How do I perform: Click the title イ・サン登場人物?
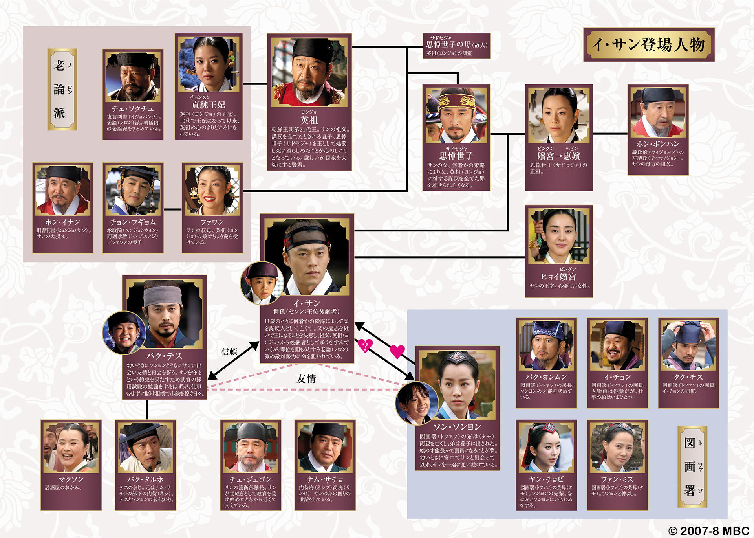(648, 45)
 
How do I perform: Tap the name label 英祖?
(309, 120)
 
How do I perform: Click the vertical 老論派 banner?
(62, 89)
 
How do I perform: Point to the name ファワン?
(212, 222)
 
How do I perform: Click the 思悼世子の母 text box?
(456, 46)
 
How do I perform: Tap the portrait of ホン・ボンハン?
(658, 112)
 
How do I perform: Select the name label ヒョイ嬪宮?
(558, 277)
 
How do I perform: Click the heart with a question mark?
(365, 345)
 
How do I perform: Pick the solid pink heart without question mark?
(397, 351)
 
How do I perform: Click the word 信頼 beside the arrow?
(229, 352)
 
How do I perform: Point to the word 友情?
(306, 378)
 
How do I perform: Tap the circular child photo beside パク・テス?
(124, 333)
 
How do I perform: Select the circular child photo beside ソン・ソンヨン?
(416, 403)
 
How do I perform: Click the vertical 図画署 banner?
(692, 466)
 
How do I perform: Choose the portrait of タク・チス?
(688, 346)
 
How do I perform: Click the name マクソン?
(71, 479)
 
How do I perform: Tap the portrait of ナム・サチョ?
(325, 448)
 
